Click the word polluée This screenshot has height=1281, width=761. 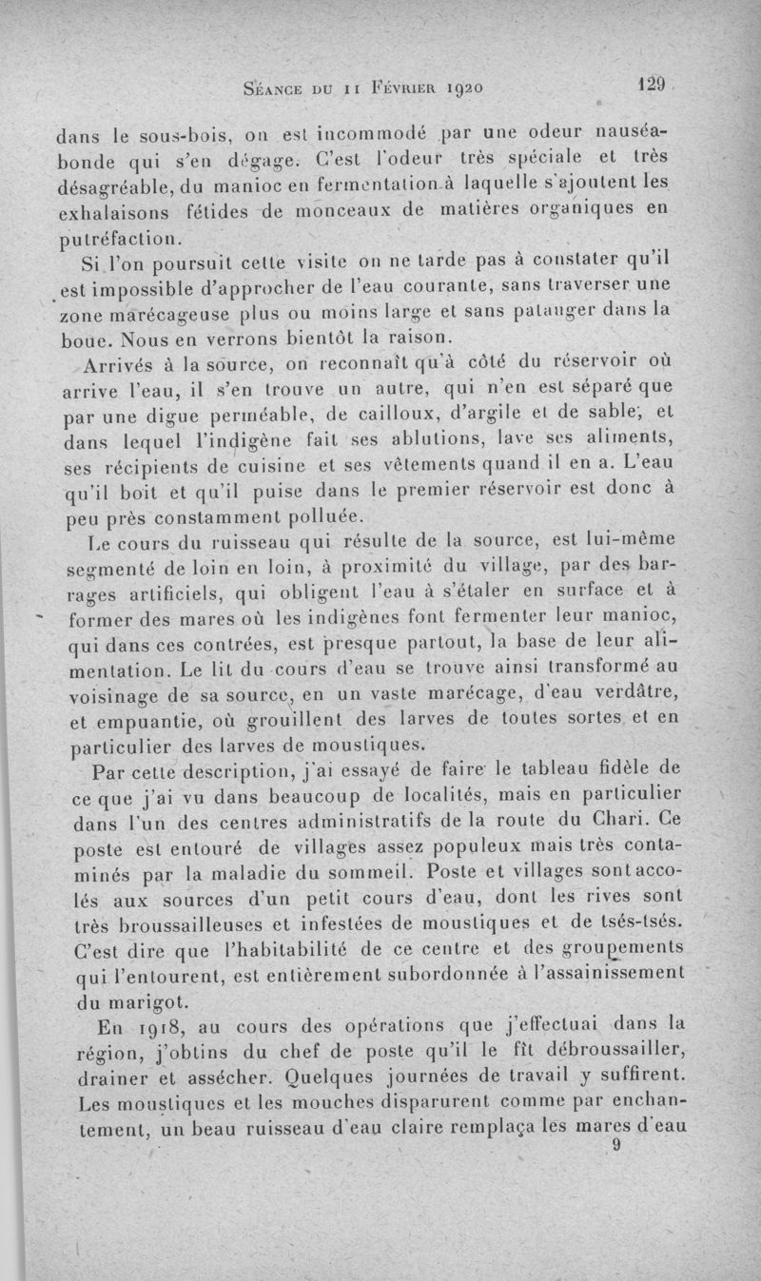294,517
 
